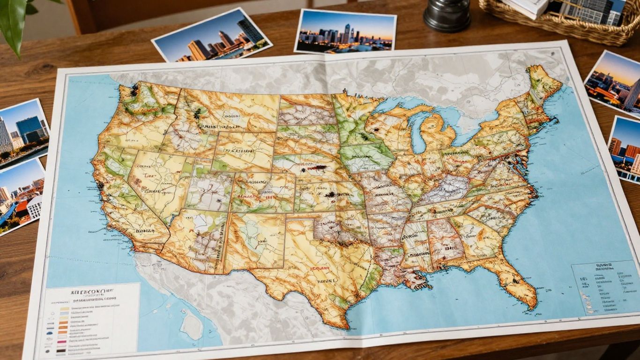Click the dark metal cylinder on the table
(x=447, y=16)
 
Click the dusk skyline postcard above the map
(x=346, y=31)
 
